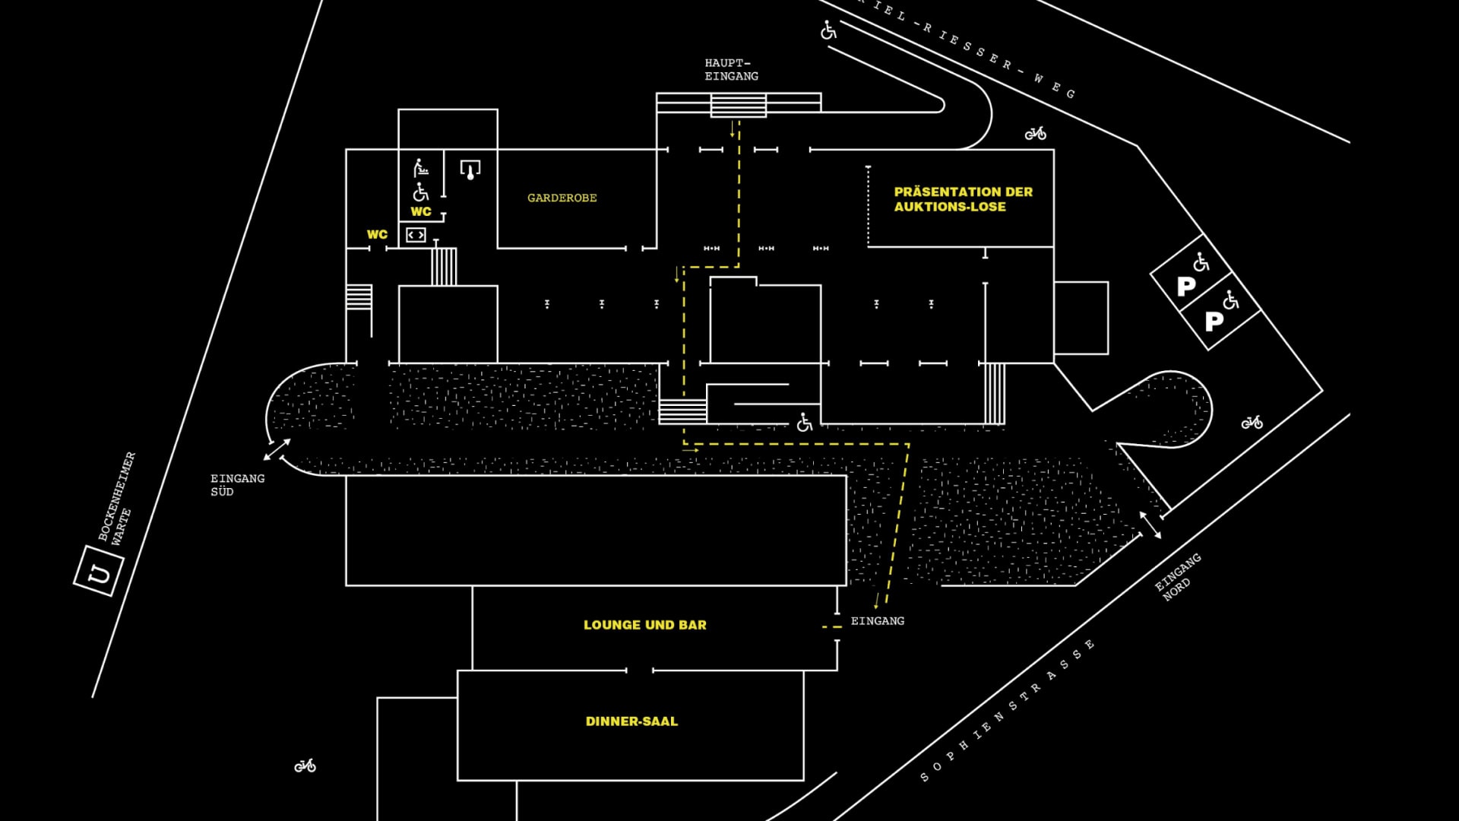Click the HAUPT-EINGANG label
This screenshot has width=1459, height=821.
pyautogui.click(x=731, y=69)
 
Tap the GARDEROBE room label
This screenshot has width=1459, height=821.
pyautogui.click(x=562, y=198)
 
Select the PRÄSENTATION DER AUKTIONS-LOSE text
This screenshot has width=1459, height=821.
pyautogui.click(x=963, y=199)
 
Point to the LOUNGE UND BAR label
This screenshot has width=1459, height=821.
pyautogui.click(x=645, y=625)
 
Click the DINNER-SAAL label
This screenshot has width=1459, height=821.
pyautogui.click(x=631, y=721)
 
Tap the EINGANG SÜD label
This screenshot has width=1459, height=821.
pyautogui.click(x=237, y=485)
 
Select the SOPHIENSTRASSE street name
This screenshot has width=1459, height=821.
pyautogui.click(x=1008, y=711)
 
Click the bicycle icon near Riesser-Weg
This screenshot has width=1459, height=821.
pyautogui.click(x=1035, y=134)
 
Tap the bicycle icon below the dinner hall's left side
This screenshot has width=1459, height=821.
pyautogui.click(x=305, y=766)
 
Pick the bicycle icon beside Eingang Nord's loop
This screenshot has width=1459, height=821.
pyautogui.click(x=1252, y=423)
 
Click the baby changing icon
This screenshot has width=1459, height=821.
pyautogui.click(x=420, y=167)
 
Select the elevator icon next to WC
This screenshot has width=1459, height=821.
pyautogui.click(x=416, y=235)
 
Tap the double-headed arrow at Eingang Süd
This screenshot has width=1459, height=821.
pyautogui.click(x=277, y=449)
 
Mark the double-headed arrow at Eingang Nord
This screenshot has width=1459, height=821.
pyautogui.click(x=1150, y=525)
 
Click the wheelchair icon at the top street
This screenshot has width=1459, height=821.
pyautogui.click(x=828, y=30)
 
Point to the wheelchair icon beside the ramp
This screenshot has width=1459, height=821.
pyautogui.click(x=805, y=422)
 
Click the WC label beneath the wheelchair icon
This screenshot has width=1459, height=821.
pyautogui.click(x=421, y=211)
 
